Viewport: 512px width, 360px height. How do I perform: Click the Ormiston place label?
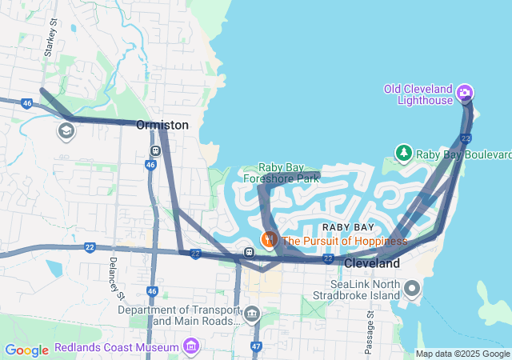pyautogui.click(x=162, y=126)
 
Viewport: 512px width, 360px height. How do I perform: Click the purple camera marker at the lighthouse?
pyautogui.click(x=464, y=94)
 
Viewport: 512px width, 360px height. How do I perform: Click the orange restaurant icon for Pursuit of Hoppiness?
pyautogui.click(x=270, y=239)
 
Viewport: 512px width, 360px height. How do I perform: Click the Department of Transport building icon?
pyautogui.click(x=253, y=313)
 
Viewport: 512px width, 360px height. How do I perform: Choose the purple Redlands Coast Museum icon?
pyautogui.click(x=190, y=346)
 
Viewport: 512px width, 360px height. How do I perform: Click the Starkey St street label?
pyautogui.click(x=50, y=38)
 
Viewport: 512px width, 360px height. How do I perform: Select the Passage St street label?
pyautogui.click(x=370, y=328)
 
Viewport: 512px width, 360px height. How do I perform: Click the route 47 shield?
pyautogui.click(x=256, y=346)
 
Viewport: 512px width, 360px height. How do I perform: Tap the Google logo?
pyautogui.click(x=26, y=350)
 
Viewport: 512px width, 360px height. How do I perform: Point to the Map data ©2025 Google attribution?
pyautogui.click(x=462, y=354)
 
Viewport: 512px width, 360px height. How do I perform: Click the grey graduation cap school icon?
pyautogui.click(x=66, y=130)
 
